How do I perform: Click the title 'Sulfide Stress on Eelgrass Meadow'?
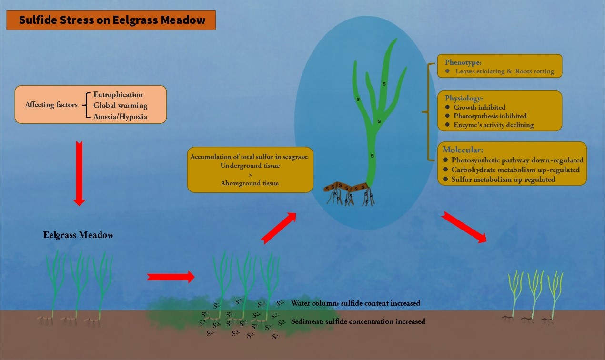point(112,20)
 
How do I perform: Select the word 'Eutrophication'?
point(118,95)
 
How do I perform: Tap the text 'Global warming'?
point(121,105)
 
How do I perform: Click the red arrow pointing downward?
point(80,173)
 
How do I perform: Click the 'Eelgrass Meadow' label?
point(79,235)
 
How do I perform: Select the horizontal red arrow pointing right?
point(171,277)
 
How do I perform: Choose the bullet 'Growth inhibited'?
point(479,108)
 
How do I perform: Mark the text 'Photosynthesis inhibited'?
point(490,116)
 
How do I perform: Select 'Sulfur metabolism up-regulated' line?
point(503,180)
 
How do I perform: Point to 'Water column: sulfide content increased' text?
point(355,303)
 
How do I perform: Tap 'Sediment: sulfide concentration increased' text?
point(358,321)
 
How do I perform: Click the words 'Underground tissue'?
point(250,166)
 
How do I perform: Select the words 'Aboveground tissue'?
point(250,183)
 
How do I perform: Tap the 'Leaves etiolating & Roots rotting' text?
point(504,71)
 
